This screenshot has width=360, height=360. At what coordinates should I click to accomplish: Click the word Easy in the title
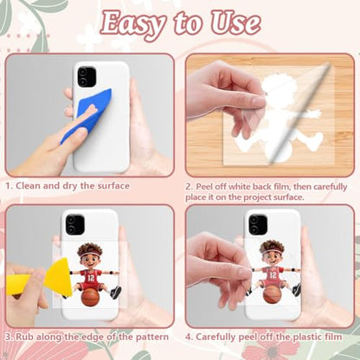(x=133, y=23)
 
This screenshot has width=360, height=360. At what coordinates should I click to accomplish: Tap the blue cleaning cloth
(x=88, y=115)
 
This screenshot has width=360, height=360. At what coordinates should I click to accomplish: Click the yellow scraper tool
(x=41, y=279)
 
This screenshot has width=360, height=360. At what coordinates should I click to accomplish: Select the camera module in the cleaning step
(x=87, y=76)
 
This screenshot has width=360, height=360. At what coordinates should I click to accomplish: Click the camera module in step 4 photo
(x=258, y=224)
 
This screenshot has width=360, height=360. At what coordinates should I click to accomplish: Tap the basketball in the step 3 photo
(x=90, y=297)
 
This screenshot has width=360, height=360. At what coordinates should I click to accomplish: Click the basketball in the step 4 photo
(x=272, y=294)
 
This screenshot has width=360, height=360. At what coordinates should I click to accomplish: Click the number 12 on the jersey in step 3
(x=91, y=278)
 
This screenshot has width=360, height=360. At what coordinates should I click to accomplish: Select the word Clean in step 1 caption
(x=28, y=185)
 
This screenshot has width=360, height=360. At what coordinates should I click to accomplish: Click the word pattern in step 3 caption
(x=152, y=337)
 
